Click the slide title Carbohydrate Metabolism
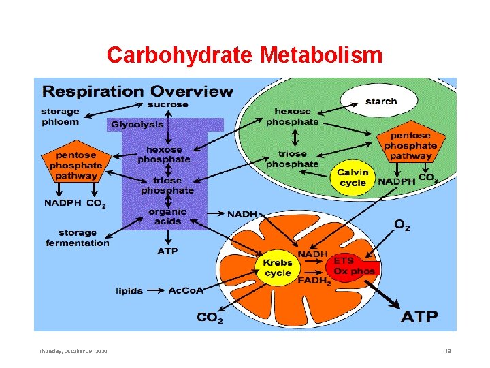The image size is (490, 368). pos(244,55)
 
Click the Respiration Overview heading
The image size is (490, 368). pos(137,91)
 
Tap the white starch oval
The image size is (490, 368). pos(380,102)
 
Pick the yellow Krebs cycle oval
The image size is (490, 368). pos(278,268)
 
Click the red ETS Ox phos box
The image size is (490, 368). pos(353,266)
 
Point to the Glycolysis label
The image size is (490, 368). pos(137,125)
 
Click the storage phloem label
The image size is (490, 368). pos(60,117)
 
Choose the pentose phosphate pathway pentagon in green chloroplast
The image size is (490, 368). pos(410,145)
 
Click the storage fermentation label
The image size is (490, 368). pos(77,238)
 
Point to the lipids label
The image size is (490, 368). pos(129,291)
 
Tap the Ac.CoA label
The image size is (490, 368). pos(186,291)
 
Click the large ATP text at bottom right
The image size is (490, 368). pos(419,317)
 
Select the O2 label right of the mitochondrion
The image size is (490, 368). pos(402,224)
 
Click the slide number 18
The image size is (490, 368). pos(448,351)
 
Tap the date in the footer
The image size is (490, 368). pos(73,351)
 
